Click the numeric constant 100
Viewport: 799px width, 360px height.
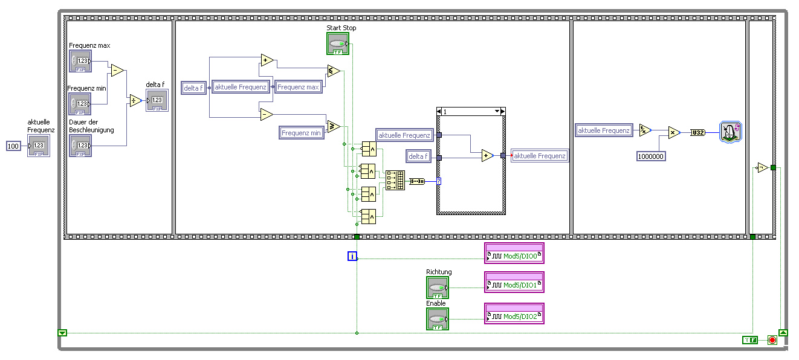click(x=13, y=146)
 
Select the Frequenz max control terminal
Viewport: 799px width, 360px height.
click(x=80, y=61)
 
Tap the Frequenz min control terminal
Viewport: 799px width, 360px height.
click(x=80, y=103)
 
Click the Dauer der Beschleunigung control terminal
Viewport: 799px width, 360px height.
click(x=80, y=146)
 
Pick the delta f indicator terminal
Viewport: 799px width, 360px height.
click(x=157, y=100)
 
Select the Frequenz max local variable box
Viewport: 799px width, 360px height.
click(x=298, y=88)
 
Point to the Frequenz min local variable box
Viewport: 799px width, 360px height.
click(x=302, y=133)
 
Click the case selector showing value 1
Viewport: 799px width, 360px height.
click(x=470, y=112)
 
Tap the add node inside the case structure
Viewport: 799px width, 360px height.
click(x=487, y=156)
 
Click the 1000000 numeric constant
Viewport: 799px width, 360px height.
click(x=651, y=156)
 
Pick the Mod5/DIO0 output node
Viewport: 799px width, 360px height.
click(x=514, y=254)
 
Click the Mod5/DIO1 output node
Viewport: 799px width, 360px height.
click(x=514, y=282)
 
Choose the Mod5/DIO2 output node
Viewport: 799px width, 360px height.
click(x=514, y=313)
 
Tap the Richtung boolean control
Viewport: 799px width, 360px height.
click(x=438, y=288)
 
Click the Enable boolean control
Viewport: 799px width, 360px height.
click(x=438, y=319)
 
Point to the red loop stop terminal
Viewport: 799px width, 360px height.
click(x=772, y=340)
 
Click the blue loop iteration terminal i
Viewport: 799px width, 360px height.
click(x=352, y=256)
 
